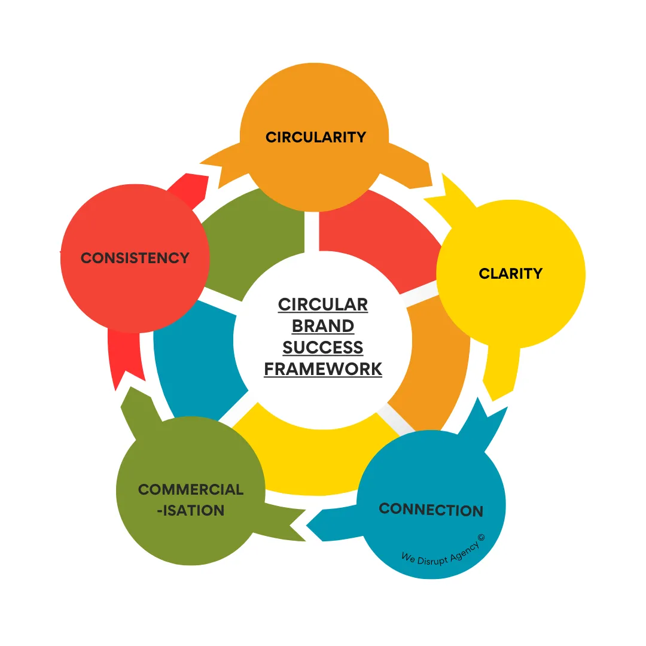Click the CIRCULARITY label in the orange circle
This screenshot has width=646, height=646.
315,137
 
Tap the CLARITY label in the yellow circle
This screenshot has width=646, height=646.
510,273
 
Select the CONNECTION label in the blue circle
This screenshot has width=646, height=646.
431,510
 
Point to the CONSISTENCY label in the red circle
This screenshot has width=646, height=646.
135,258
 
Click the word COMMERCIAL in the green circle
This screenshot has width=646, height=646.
191,489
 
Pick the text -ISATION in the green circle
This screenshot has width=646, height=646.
190,510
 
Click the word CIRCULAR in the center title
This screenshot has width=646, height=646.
323,304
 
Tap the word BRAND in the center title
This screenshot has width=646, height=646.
323,326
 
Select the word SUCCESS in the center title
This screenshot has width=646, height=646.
323,348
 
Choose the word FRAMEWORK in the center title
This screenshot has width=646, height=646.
323,369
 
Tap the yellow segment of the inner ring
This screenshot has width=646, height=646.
311,455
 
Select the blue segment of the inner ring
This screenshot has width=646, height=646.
191,359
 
